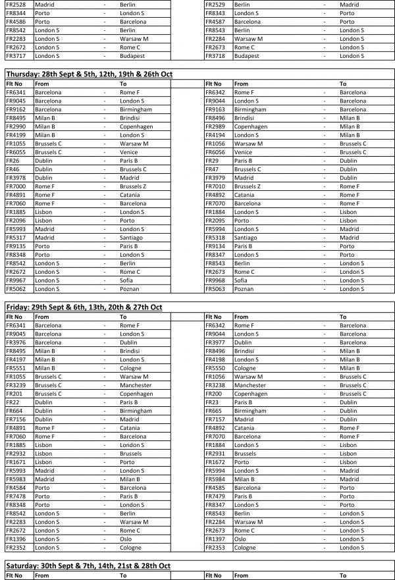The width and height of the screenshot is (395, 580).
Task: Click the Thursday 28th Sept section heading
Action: (x=88, y=74)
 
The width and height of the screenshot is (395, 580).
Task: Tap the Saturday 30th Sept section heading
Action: (x=88, y=566)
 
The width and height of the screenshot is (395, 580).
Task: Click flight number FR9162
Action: (x=16, y=110)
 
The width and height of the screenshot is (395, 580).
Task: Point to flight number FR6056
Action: (x=216, y=152)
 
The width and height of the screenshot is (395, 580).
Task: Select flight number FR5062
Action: (x=16, y=288)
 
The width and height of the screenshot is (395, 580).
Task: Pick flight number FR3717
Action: (x=16, y=56)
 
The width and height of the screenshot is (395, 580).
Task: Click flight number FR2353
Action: (x=216, y=547)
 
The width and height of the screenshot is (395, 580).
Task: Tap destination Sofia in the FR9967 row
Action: (x=127, y=280)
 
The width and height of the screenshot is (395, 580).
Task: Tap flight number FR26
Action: (x=12, y=161)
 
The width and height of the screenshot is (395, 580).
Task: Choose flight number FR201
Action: (x=13, y=394)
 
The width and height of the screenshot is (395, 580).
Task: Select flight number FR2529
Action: (x=216, y=5)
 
